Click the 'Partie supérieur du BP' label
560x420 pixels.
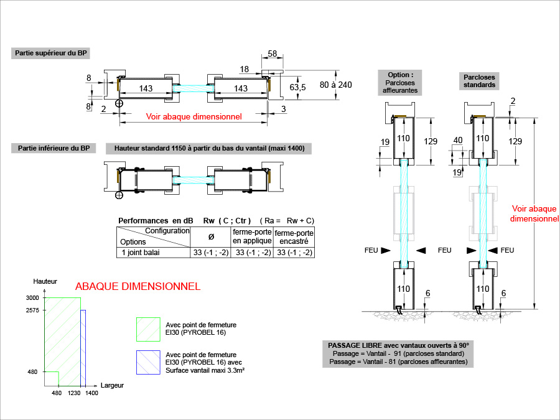tap(51, 54)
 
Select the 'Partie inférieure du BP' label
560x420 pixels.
tap(54, 148)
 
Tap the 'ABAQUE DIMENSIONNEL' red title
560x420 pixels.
tap(138, 287)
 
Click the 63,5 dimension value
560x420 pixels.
tap(298, 88)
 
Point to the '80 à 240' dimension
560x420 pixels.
tap(336, 84)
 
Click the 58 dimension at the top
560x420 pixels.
tap(273, 54)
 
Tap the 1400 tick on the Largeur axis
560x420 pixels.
tap(91, 393)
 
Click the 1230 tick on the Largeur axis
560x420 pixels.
tap(75, 393)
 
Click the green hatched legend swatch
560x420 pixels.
tap(148, 329)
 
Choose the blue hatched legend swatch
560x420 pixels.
tap(148, 362)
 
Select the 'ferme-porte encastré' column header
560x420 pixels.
tap(294, 236)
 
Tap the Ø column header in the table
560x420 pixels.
tap(210, 236)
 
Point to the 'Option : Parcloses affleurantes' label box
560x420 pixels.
tap(400, 82)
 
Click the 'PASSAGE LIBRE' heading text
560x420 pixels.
tap(398, 345)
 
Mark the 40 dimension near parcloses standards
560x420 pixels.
tap(459, 141)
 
